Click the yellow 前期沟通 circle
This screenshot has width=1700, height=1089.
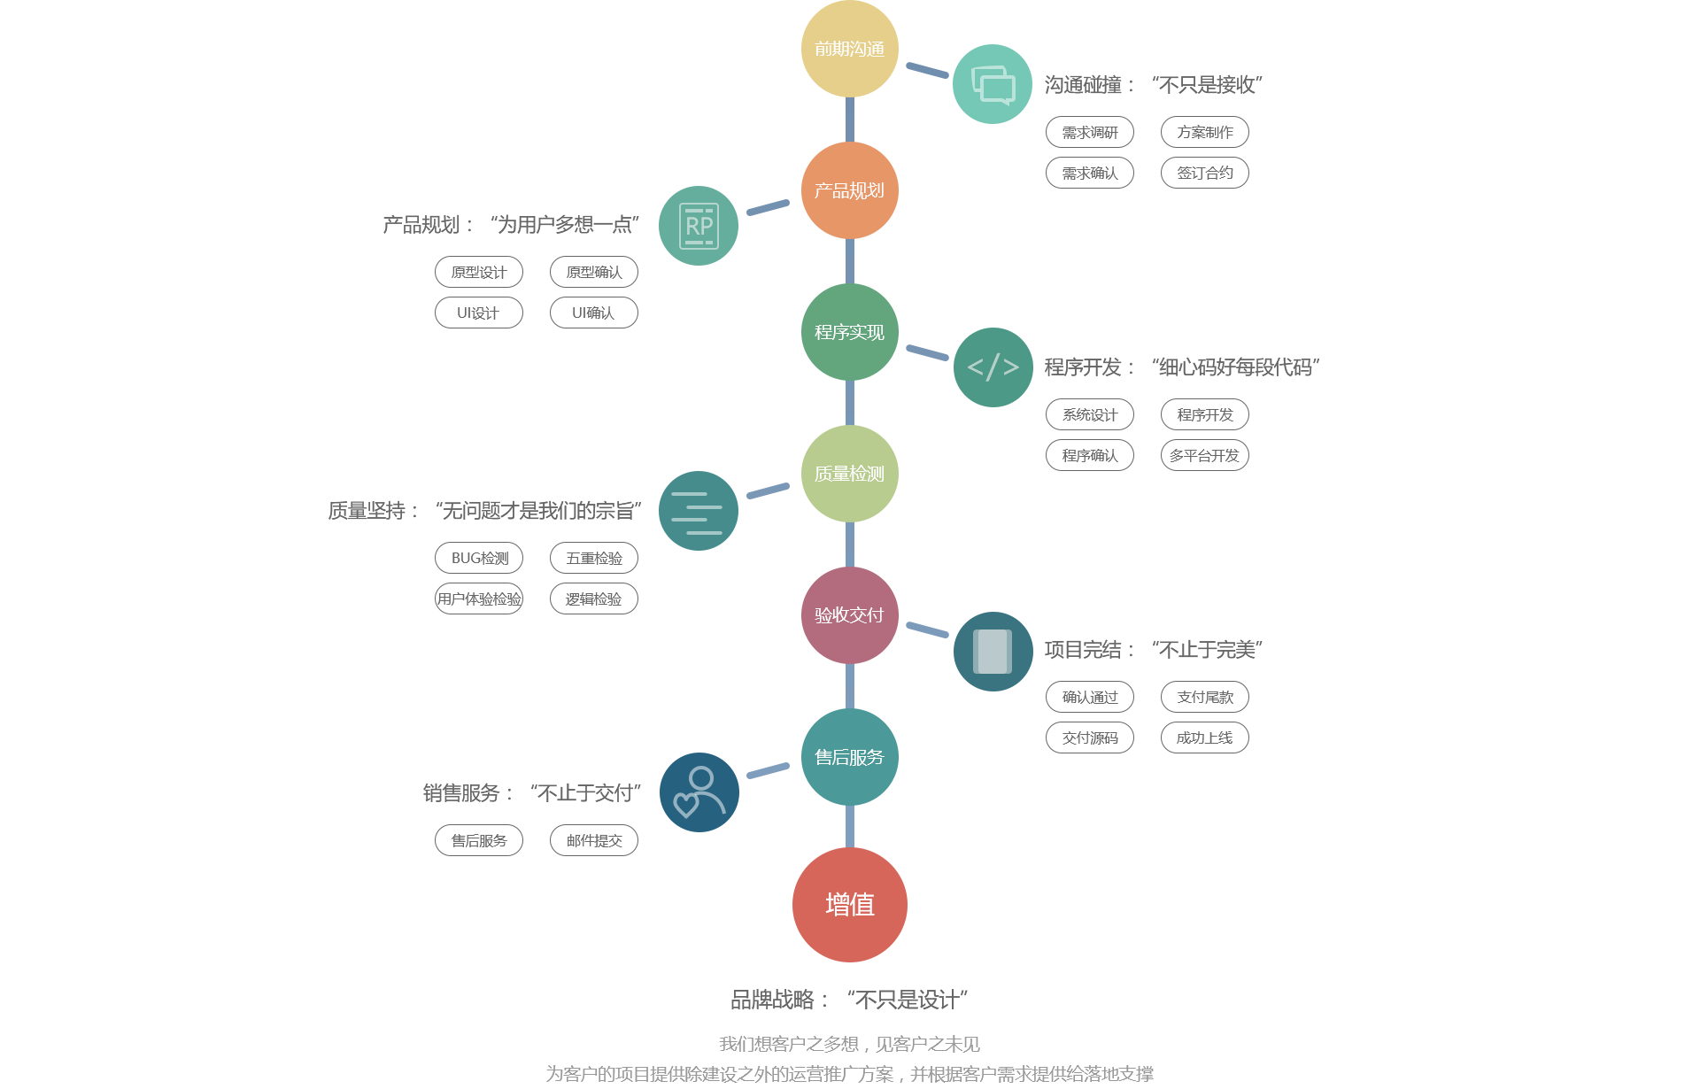point(850,49)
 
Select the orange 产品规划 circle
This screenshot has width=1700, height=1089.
point(850,190)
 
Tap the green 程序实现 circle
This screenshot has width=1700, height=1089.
point(850,332)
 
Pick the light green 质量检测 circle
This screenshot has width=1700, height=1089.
point(850,474)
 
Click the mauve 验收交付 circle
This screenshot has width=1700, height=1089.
point(850,615)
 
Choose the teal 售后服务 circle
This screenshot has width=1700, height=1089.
point(850,757)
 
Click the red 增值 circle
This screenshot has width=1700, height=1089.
point(850,905)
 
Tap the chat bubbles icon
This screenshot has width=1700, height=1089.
point(993,84)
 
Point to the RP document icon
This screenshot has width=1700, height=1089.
point(699,226)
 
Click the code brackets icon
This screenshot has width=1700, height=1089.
point(993,367)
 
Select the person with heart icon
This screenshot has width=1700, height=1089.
point(699,792)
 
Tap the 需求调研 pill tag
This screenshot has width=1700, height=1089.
point(1090,132)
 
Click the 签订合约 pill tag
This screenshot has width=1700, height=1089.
point(1205,173)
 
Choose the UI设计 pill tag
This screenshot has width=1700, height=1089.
point(479,313)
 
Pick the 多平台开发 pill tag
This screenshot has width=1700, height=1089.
point(1205,455)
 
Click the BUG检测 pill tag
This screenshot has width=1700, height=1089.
point(479,558)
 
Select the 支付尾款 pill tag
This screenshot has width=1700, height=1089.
point(1205,697)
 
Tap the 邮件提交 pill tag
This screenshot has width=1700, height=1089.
point(594,840)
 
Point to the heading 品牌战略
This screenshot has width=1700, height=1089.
point(772,1000)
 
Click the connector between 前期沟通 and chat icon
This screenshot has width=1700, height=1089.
point(927,70)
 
